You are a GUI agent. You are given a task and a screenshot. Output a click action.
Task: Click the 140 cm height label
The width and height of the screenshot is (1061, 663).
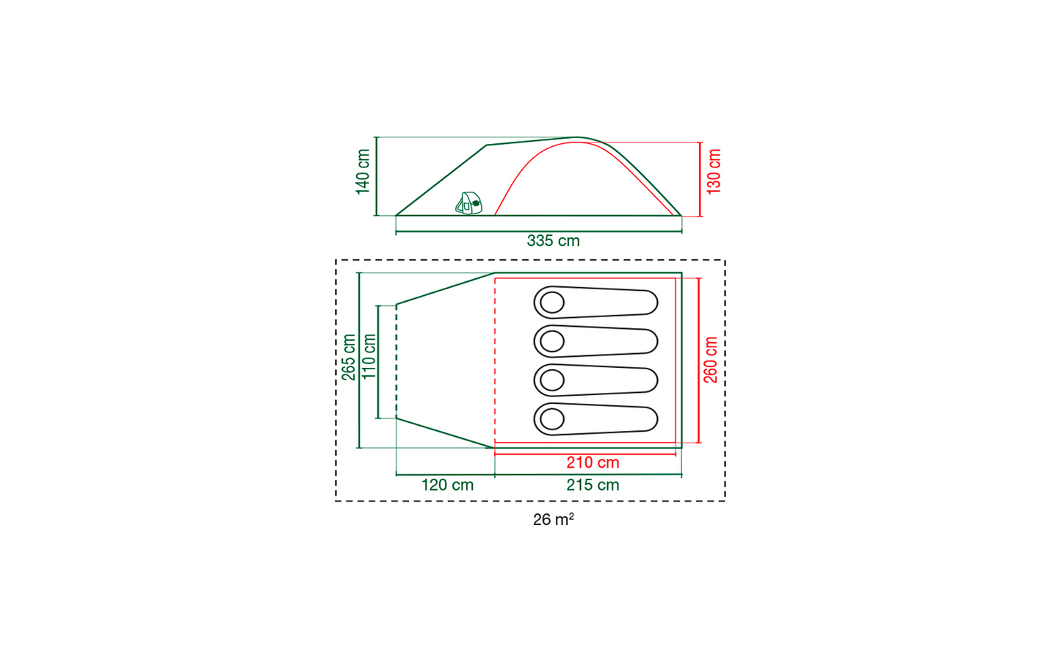point(363,171)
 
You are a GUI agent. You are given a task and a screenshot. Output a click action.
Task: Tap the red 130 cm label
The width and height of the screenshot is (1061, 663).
point(714,171)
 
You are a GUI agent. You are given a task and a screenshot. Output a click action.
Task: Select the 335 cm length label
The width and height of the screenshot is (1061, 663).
point(553,241)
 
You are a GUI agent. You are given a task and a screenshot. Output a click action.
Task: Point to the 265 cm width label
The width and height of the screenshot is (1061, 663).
point(349,357)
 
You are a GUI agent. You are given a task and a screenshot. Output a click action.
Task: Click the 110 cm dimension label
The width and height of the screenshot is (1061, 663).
point(369,357)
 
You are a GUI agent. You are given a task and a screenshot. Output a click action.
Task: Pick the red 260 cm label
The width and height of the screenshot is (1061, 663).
point(711,360)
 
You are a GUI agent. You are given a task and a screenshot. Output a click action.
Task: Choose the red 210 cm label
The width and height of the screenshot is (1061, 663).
point(593,463)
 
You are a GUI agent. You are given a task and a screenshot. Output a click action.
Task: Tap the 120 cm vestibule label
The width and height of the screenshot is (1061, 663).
point(448,485)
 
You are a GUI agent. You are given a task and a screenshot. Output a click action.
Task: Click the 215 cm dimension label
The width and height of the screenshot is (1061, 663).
point(593,485)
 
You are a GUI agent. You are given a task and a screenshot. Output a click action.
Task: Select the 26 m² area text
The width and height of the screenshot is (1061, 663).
point(553,520)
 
